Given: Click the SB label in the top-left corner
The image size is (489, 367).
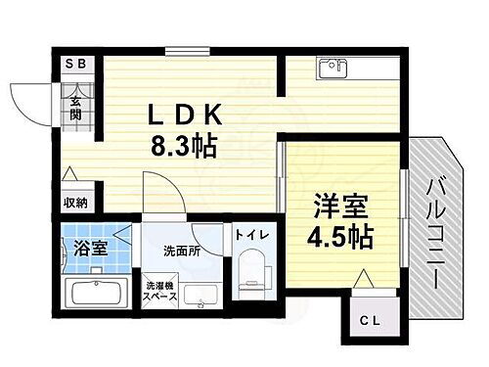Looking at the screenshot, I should (73, 65).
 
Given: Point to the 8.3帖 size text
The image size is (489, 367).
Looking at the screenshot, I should (183, 148).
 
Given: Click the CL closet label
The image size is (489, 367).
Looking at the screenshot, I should (369, 319).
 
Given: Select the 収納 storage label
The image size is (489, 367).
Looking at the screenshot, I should (76, 203).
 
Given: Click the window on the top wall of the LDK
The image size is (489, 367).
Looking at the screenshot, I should (186, 51).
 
